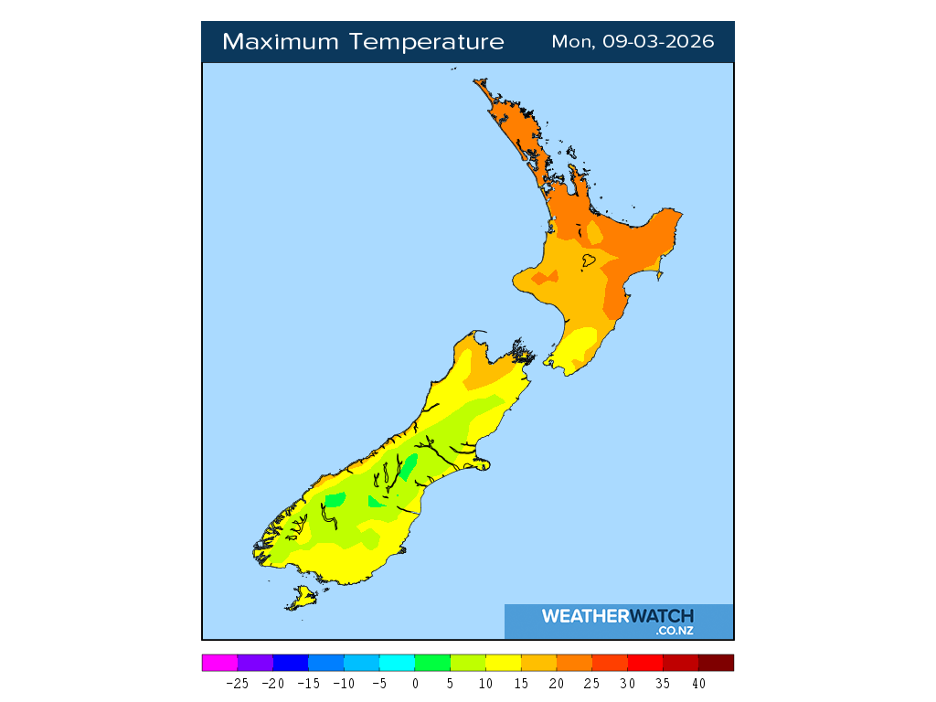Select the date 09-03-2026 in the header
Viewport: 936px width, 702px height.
pyautogui.click(x=658, y=42)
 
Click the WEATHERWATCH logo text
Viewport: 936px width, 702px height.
pyautogui.click(x=617, y=616)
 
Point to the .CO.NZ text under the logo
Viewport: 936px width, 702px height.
pyautogui.click(x=675, y=631)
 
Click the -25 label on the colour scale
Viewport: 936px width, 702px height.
pyautogui.click(x=238, y=683)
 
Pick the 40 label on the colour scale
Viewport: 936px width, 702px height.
pyautogui.click(x=698, y=683)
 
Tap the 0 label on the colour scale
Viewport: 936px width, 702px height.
pyautogui.click(x=415, y=683)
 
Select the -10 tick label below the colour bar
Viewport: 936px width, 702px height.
pyautogui.click(x=344, y=683)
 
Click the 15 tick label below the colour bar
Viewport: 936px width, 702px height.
pyautogui.click(x=521, y=683)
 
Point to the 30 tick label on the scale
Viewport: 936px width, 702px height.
pyautogui.click(x=627, y=683)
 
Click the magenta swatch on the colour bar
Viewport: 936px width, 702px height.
pyautogui.click(x=219, y=663)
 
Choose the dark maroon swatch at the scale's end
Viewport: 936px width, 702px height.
pyautogui.click(x=716, y=663)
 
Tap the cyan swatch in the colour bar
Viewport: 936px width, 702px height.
pyautogui.click(x=397, y=663)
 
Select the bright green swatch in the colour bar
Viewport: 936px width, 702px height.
pyautogui.click(x=432, y=663)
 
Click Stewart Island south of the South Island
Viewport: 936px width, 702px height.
pyautogui.click(x=302, y=599)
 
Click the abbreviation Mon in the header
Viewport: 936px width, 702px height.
pyautogui.click(x=572, y=42)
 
